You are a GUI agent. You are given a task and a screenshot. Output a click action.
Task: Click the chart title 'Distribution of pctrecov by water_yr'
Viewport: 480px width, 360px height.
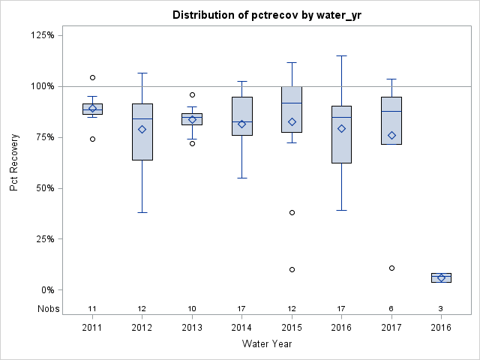(266, 15)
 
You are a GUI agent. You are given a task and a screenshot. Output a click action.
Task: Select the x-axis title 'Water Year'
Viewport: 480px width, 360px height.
(266, 344)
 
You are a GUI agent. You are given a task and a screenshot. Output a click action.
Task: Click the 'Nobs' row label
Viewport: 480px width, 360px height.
(49, 308)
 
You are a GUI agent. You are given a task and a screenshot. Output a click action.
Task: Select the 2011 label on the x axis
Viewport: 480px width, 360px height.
(92, 328)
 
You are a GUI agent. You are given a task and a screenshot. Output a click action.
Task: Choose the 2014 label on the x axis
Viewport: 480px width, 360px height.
(241, 328)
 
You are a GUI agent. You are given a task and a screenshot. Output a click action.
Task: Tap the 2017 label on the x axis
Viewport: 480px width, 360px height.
(391, 328)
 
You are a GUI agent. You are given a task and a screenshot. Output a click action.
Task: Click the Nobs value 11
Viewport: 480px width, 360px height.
(92, 308)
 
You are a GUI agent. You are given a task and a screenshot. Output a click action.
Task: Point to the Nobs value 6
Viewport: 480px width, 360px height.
(391, 308)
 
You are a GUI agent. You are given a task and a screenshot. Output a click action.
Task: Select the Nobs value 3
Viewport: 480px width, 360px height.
(441, 308)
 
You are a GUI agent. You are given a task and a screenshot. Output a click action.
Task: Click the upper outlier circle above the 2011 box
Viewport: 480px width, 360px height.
(92, 77)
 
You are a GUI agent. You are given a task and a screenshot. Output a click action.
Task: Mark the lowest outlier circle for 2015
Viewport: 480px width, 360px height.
(292, 269)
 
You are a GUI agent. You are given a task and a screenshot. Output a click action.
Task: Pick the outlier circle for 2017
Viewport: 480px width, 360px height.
(391, 268)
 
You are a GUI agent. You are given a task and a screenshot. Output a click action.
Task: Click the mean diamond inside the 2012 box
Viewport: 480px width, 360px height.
(142, 129)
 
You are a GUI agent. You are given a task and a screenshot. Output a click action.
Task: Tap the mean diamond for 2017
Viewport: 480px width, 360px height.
(391, 135)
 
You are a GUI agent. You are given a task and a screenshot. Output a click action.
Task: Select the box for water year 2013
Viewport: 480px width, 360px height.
(192, 118)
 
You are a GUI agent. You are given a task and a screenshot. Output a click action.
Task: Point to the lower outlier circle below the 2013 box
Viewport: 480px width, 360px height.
(192, 143)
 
